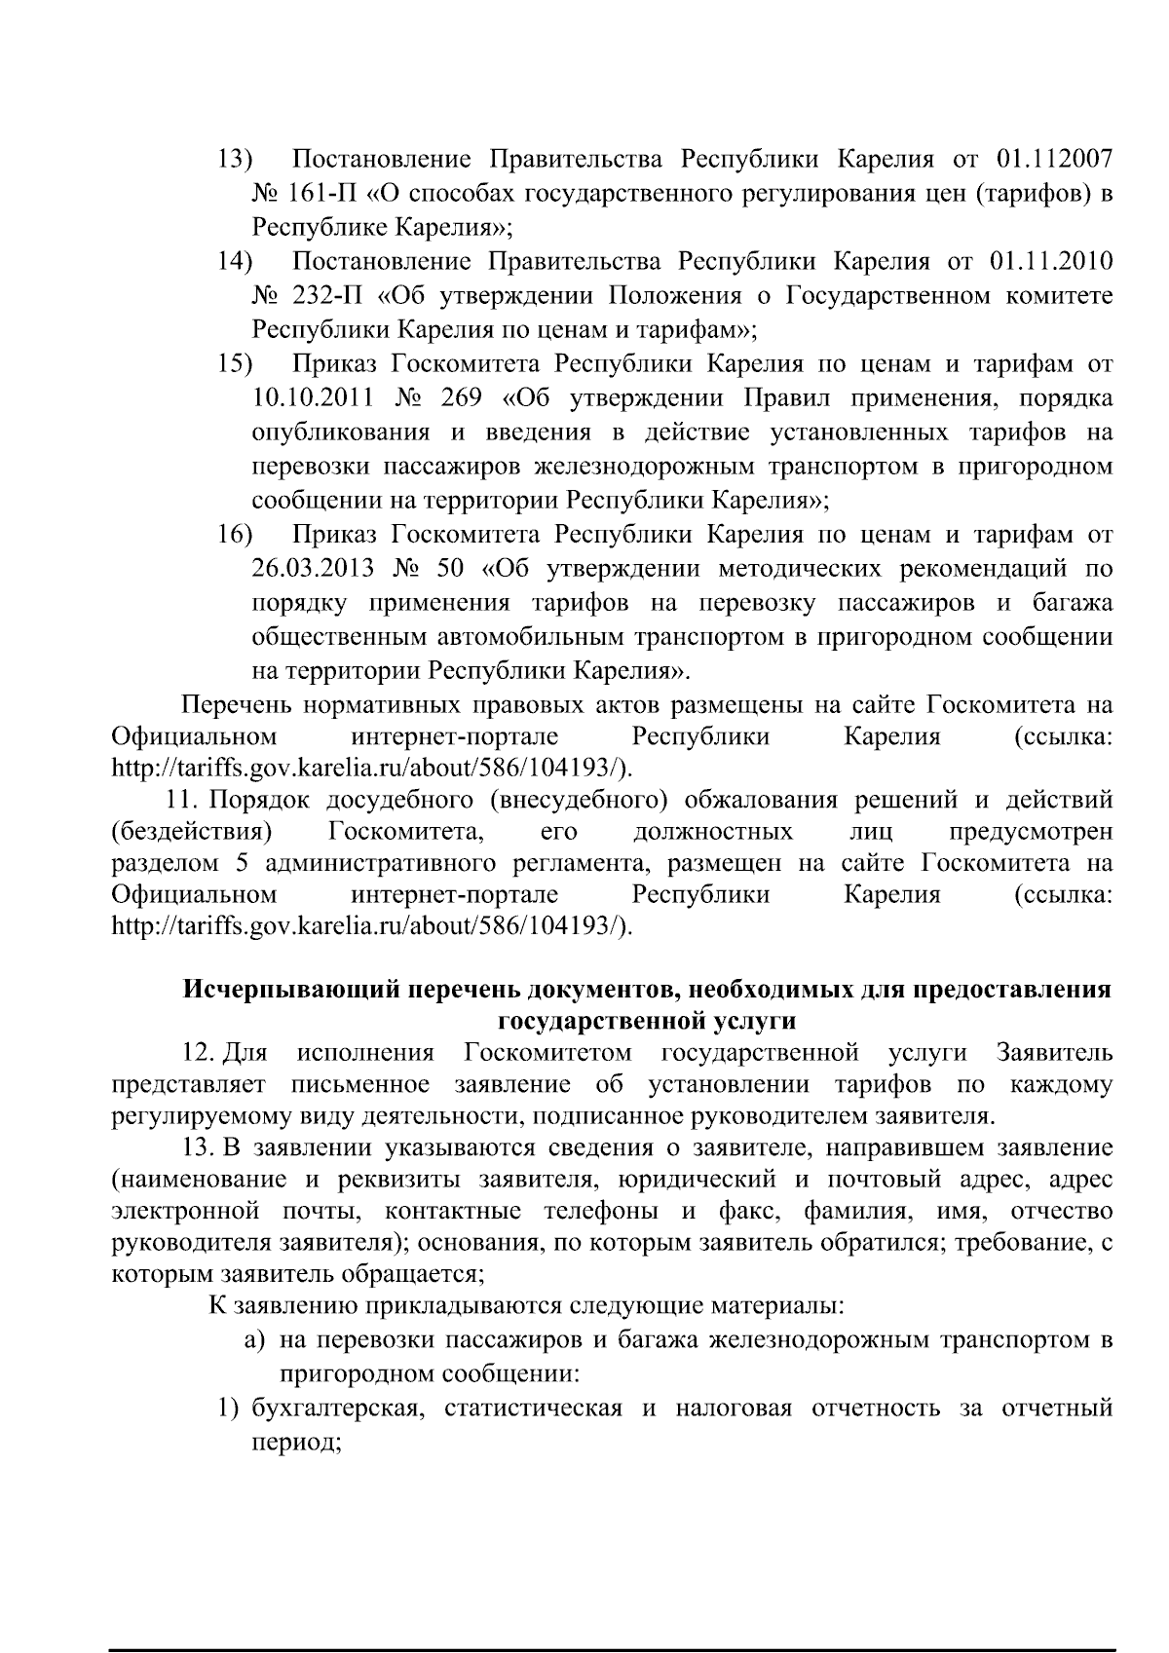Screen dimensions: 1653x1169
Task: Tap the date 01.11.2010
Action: (x=1051, y=261)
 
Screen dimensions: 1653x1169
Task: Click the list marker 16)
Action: (x=234, y=535)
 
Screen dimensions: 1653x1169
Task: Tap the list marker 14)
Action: (x=234, y=261)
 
